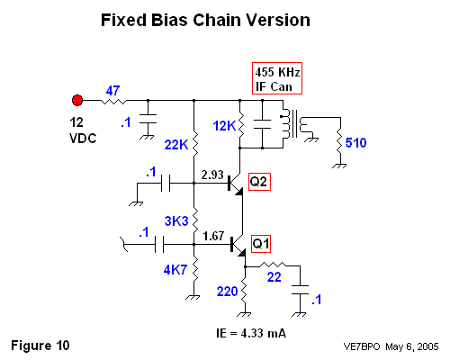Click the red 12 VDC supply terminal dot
point(77,100)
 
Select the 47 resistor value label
point(112,91)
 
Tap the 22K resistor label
point(176,145)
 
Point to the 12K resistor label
point(224,126)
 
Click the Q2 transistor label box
point(259,182)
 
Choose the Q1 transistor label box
point(261,244)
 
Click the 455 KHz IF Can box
point(277,78)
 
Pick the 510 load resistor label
point(355,143)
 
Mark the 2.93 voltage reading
point(212,175)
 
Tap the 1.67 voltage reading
point(213,236)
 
